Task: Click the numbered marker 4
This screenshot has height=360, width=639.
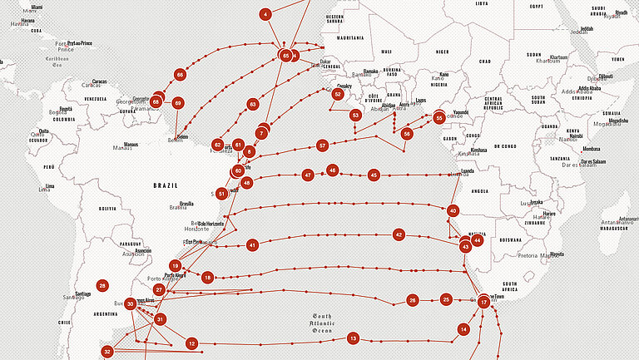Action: (x=265, y=14)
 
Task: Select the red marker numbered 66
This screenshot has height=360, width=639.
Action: (x=180, y=74)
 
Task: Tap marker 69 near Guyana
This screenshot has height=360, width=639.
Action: (x=177, y=103)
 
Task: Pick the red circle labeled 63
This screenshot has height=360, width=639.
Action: (x=253, y=105)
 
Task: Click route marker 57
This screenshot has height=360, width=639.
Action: (x=322, y=145)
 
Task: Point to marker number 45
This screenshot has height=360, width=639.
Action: (x=374, y=175)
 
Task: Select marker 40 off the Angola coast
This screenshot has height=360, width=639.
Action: (x=453, y=211)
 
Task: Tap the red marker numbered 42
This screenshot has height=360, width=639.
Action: (x=399, y=235)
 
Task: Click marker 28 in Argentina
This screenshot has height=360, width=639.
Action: (x=102, y=285)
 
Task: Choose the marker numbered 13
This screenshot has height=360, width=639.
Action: (x=353, y=338)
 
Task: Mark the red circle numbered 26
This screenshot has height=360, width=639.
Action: (x=412, y=299)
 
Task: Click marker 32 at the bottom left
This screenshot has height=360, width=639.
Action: (x=107, y=352)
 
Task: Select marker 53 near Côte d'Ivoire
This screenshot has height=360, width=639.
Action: (x=355, y=115)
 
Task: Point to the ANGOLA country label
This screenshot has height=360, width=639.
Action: (x=480, y=191)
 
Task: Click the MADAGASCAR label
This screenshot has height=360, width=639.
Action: (x=612, y=228)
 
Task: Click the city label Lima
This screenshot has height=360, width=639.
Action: (x=50, y=185)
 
